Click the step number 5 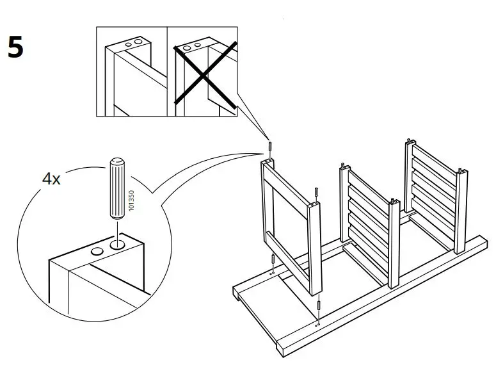(x=16, y=47)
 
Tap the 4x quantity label (x=51, y=179)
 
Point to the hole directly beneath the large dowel (x=118, y=244)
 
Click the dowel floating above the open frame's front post (x=316, y=194)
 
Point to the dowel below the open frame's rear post (x=273, y=260)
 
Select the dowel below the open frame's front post (x=319, y=307)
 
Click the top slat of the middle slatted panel (x=367, y=186)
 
